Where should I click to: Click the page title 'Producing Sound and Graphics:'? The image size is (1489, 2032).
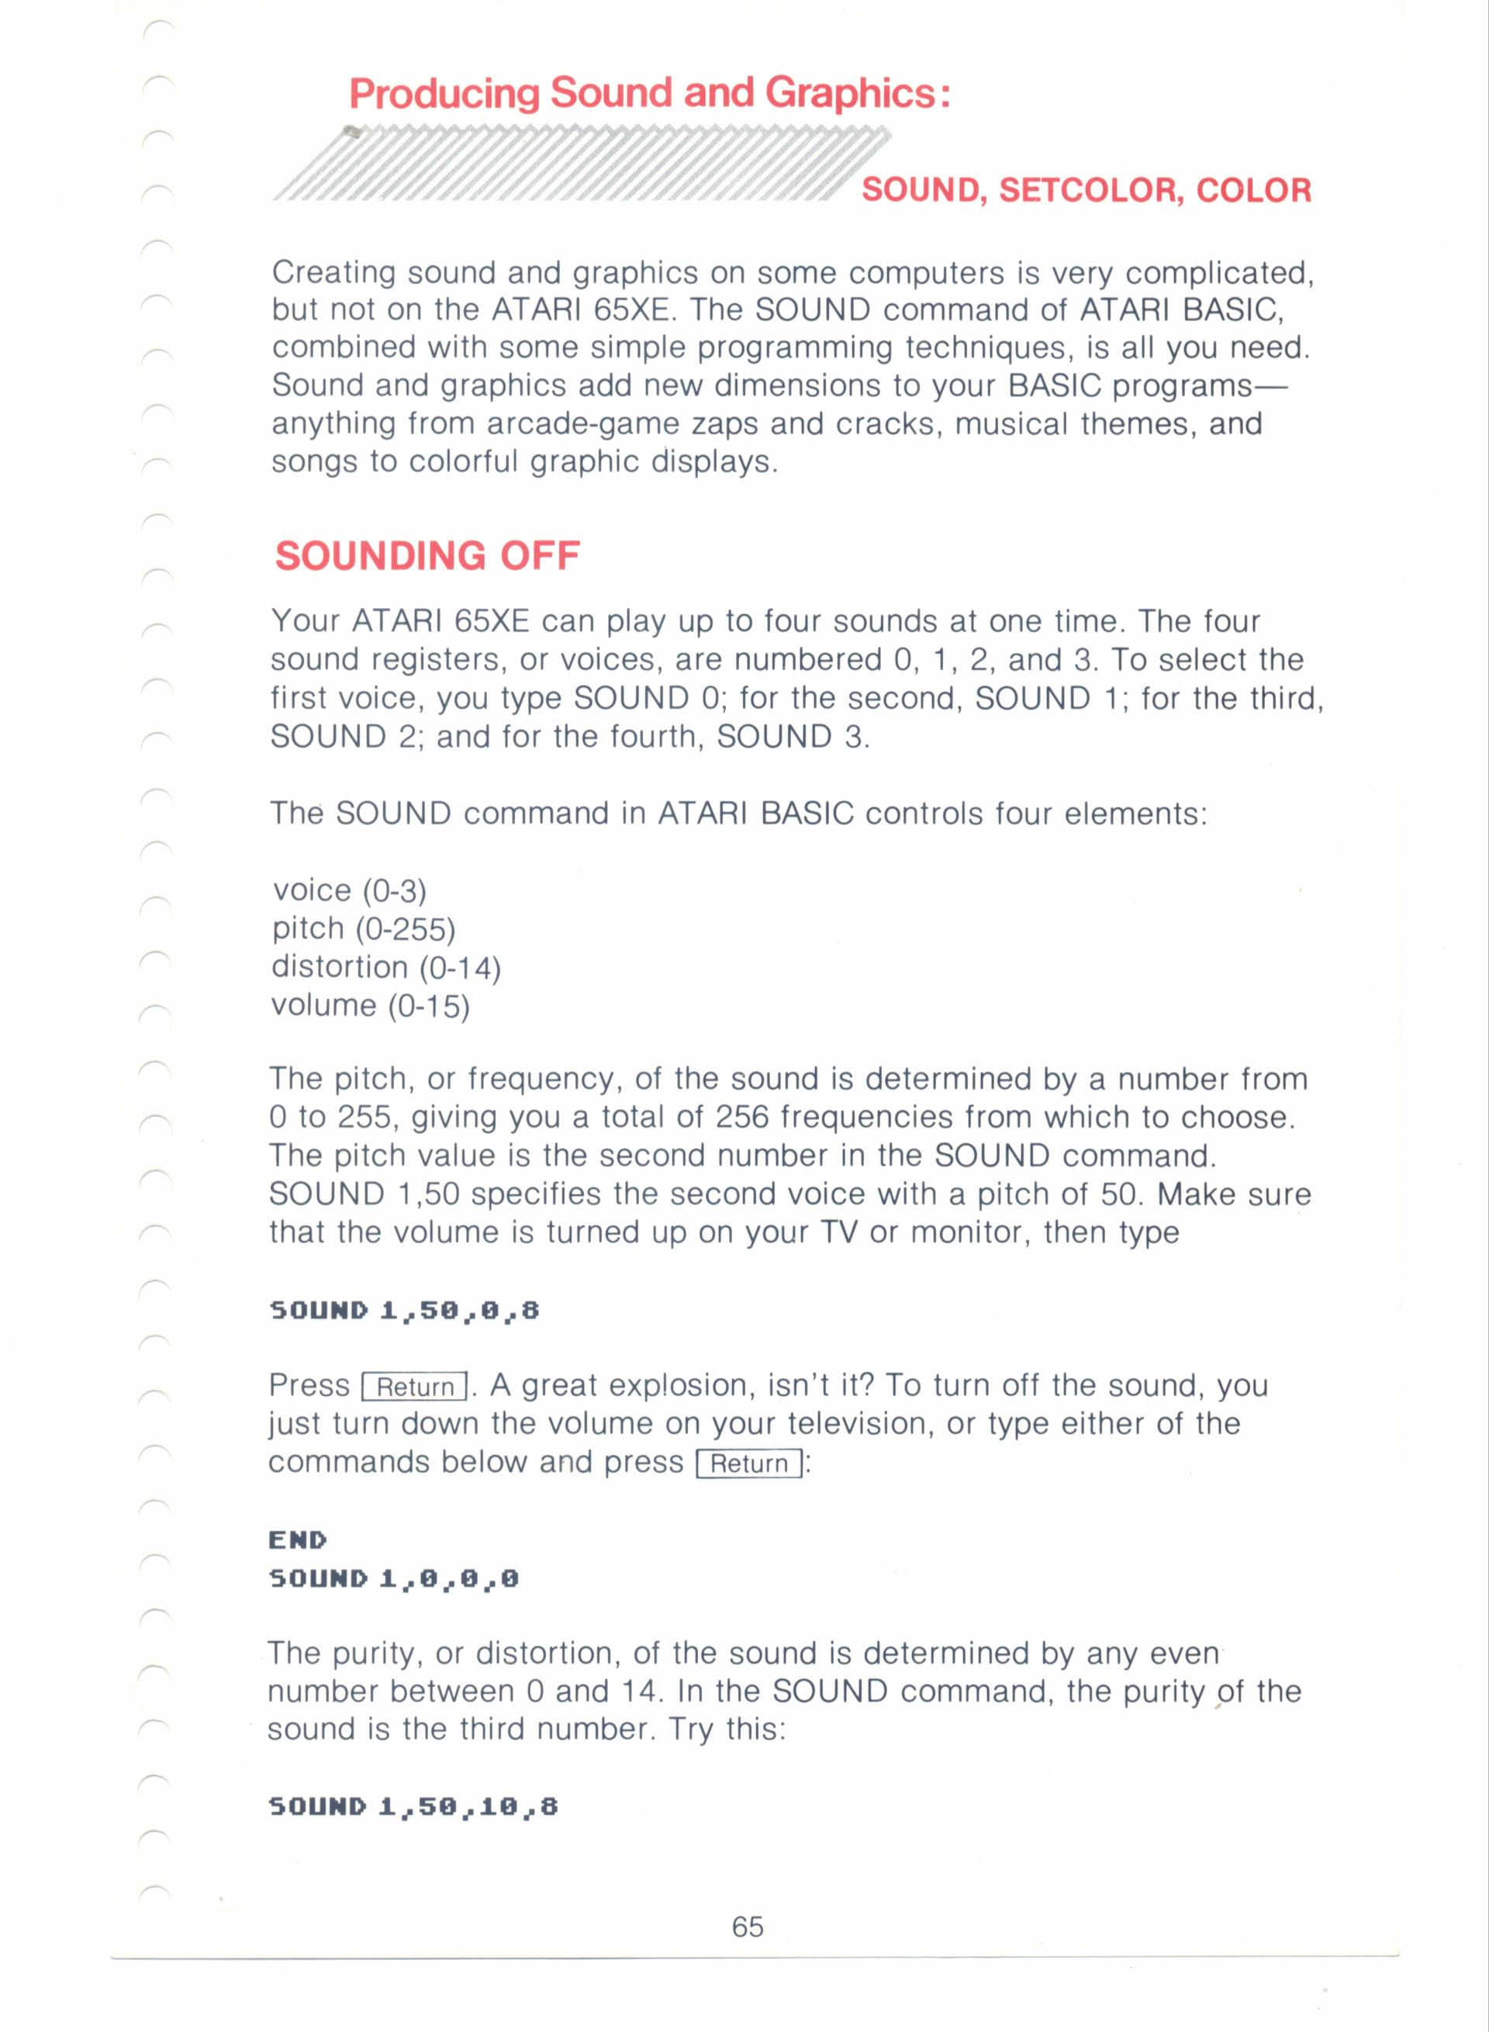tap(649, 94)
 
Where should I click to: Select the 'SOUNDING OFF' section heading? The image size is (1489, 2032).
tap(427, 556)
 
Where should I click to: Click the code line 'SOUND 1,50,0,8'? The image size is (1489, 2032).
tap(404, 1310)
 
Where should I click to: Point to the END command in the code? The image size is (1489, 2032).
tap(298, 1540)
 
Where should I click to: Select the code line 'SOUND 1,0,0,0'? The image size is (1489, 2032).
tap(394, 1578)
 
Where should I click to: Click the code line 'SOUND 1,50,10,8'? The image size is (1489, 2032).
tap(413, 1806)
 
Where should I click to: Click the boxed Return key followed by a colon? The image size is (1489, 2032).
tap(750, 1464)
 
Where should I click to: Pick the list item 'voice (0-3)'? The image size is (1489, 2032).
tap(349, 890)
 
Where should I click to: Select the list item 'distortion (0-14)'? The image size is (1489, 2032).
tap(385, 967)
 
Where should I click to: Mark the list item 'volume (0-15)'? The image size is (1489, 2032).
tap(371, 1005)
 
